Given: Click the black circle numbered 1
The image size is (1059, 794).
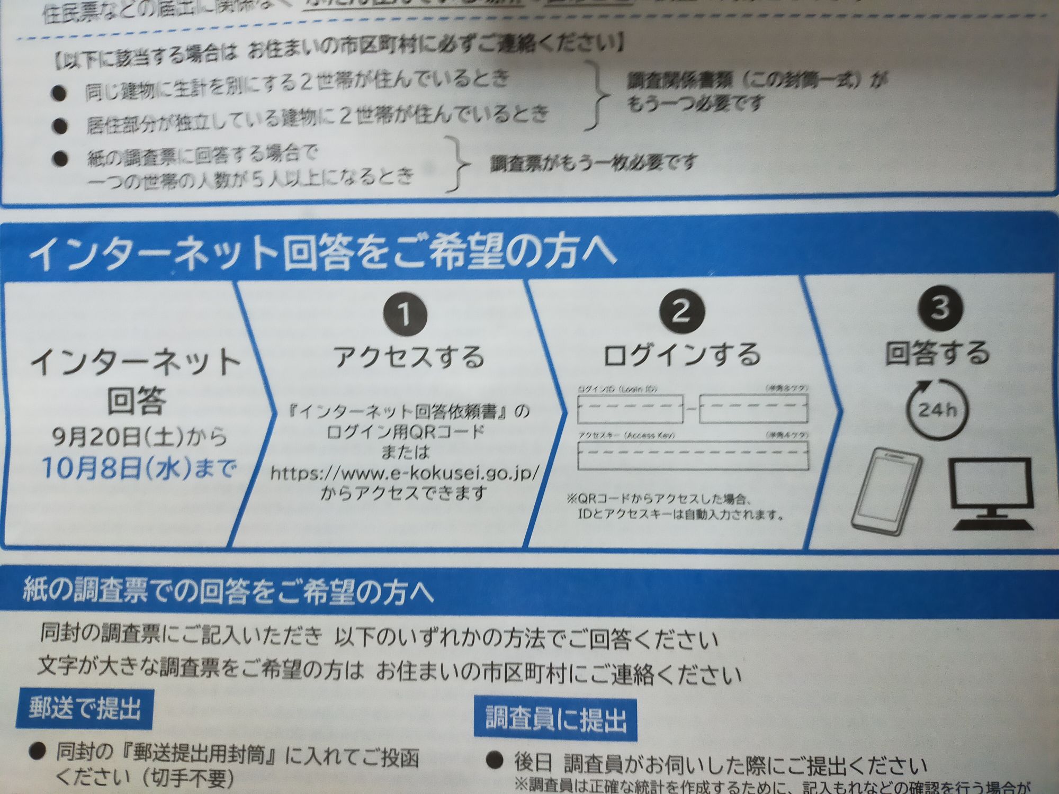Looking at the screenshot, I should point(405,314).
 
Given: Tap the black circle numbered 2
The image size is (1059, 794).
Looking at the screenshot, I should point(681,311).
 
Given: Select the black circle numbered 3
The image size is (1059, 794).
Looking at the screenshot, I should point(940,307).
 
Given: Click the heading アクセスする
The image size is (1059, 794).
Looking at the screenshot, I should point(409,357).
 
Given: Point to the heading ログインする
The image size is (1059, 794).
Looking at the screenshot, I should point(682,355).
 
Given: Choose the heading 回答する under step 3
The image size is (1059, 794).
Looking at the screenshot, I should point(938,353).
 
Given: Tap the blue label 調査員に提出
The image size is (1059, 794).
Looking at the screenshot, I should point(555,720).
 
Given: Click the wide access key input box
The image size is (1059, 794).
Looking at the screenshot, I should point(693,456).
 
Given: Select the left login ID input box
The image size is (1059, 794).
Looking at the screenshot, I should point(630,409).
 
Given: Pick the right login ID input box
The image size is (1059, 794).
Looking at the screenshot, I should point(753,409).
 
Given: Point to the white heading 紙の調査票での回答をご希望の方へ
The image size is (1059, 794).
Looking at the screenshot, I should point(228,592).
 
